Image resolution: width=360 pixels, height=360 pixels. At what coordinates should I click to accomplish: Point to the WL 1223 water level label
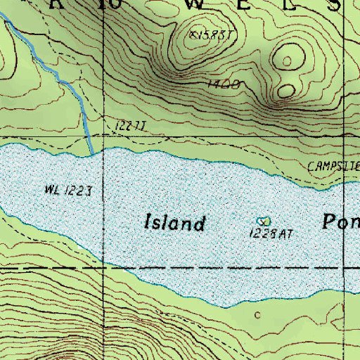(x=68, y=191)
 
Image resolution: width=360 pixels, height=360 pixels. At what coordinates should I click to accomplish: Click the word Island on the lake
(x=175, y=224)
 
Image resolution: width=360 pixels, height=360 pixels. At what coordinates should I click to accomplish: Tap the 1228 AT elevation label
(x=271, y=233)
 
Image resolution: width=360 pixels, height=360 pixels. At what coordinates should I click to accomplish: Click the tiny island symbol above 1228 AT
(x=263, y=221)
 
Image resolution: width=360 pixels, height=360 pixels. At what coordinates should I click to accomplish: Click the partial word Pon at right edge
(x=341, y=223)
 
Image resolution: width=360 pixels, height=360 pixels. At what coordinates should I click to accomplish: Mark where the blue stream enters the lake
(x=92, y=153)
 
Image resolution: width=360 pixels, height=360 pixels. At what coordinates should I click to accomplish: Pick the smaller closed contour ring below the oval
(x=286, y=90)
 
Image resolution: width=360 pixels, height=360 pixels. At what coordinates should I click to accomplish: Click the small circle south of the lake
(x=257, y=314)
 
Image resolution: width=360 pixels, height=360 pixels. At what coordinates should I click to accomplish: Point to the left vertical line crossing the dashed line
(x=103, y=268)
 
